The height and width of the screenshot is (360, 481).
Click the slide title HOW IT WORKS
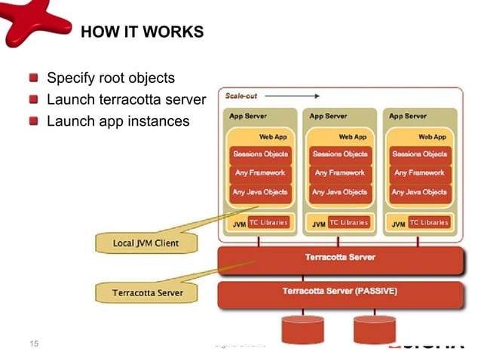click(142, 32)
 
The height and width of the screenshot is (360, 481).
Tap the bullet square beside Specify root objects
click(34, 78)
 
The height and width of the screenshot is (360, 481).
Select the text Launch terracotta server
click(126, 99)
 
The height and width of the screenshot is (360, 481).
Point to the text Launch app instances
click(118, 121)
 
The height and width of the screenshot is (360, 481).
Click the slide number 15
click(32, 345)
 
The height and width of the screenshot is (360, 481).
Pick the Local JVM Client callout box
click(146, 243)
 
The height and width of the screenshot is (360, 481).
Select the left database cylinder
click(302, 329)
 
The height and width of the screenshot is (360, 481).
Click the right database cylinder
click(374, 329)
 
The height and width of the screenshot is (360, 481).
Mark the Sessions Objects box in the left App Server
click(259, 154)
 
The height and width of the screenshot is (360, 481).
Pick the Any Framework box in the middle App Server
click(339, 172)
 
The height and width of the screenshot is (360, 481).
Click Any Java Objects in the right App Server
click(419, 191)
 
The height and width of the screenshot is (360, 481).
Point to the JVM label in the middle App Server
click(319, 224)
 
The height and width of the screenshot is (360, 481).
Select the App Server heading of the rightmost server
click(407, 117)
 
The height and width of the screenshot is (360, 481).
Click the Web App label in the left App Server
click(271, 137)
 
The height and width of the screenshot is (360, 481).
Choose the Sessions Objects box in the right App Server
click(419, 154)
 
